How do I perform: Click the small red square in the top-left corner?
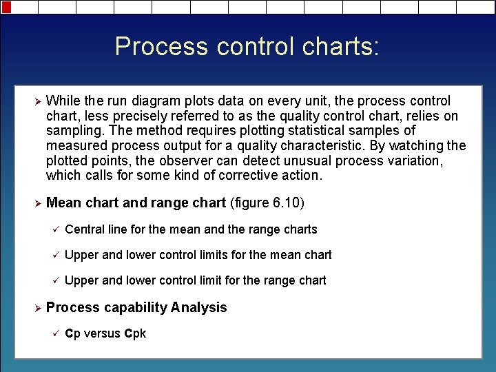coord(6,7)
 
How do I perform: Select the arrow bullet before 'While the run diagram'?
coord(28,101)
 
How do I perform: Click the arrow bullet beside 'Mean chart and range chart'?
coord(28,203)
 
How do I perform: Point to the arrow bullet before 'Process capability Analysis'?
coord(28,308)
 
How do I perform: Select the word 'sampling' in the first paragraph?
coord(72,131)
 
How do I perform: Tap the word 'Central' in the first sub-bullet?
coord(85,229)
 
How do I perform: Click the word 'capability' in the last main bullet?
coord(133,308)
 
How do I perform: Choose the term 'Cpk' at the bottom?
coord(135,334)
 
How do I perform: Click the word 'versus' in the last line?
coord(102,334)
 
